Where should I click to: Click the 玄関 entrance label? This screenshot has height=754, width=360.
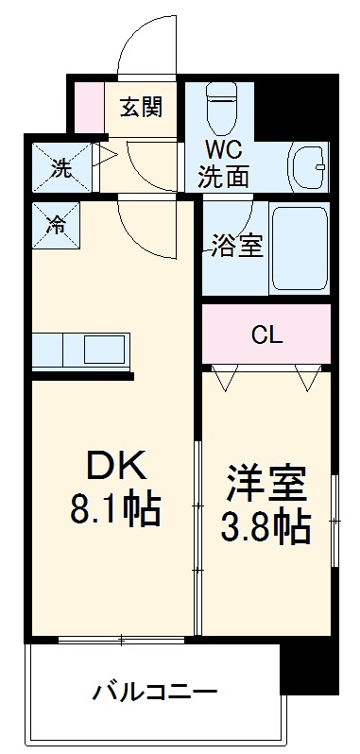click(x=140, y=106)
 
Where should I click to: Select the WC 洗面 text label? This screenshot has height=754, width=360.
click(x=223, y=162)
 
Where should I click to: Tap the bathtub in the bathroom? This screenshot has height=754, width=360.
click(x=299, y=249)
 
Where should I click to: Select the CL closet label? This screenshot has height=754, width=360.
click(x=266, y=334)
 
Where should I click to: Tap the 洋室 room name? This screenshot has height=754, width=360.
click(x=267, y=481)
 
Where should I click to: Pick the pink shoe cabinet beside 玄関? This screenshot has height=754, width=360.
click(x=89, y=107)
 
